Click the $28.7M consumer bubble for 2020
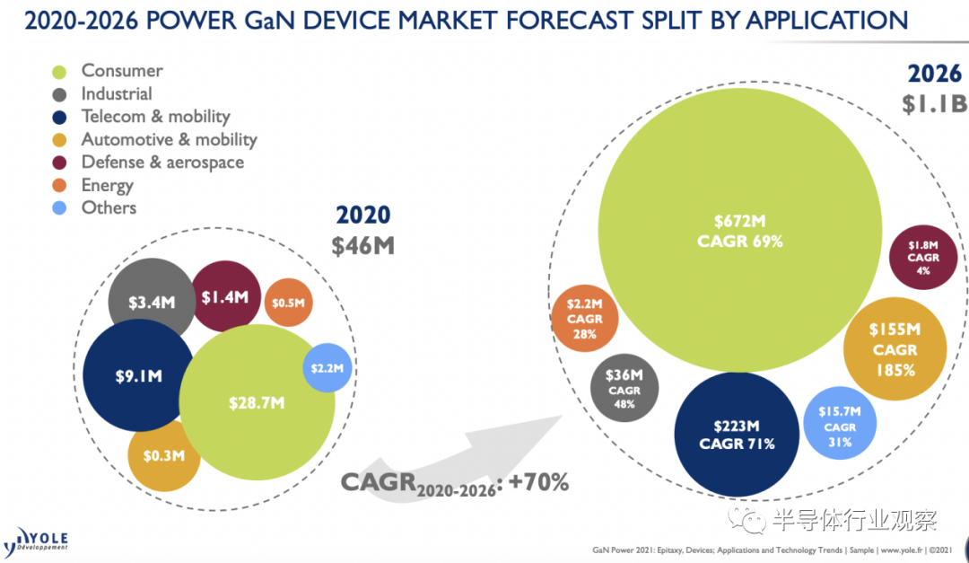pyautogui.click(x=257, y=402)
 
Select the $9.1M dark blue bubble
pyautogui.click(x=138, y=375)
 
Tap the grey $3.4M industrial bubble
pyautogui.click(x=151, y=302)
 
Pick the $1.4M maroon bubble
pyautogui.click(x=225, y=296)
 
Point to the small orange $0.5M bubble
pyautogui.click(x=288, y=303)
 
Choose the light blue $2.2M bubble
pyautogui.click(x=328, y=368)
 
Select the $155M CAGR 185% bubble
pyautogui.click(x=895, y=349)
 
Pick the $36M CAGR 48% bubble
pyautogui.click(x=624, y=389)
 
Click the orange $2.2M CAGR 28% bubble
pyautogui.click(x=584, y=319)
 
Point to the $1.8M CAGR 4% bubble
pyautogui.click(x=922, y=258)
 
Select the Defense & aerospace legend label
pyautogui.click(x=162, y=163)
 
